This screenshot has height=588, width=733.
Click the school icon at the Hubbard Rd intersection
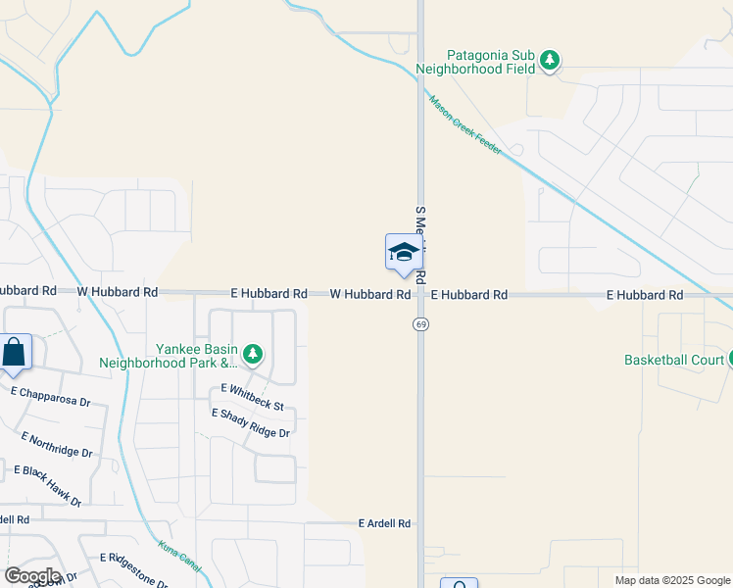pyautogui.click(x=404, y=253)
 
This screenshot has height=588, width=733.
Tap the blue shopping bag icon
pyautogui.click(x=15, y=351)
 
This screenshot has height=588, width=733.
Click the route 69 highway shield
pyautogui.click(x=420, y=324)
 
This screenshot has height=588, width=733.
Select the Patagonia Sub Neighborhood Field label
pyautogui.click(x=476, y=62)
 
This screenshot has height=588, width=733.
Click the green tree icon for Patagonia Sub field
pyautogui.click(x=551, y=61)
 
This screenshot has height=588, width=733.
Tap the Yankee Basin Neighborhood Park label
pyautogui.click(x=169, y=355)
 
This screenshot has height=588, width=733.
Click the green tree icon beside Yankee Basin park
pyautogui.click(x=253, y=354)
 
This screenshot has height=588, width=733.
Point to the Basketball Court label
pyautogui.click(x=673, y=360)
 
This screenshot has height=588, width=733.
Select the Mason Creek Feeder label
pyautogui.click(x=464, y=123)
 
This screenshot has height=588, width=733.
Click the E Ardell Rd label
pyautogui.click(x=383, y=524)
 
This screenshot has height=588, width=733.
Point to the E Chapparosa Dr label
pyautogui.click(x=50, y=397)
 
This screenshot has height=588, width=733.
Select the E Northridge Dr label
pyautogui.click(x=57, y=445)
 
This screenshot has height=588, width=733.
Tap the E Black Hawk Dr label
pyautogui.click(x=47, y=485)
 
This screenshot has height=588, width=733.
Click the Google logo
pyautogui.click(x=32, y=576)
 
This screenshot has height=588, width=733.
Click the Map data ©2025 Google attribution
pyautogui.click(x=671, y=580)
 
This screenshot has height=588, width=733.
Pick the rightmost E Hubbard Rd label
pyautogui.click(x=644, y=294)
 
